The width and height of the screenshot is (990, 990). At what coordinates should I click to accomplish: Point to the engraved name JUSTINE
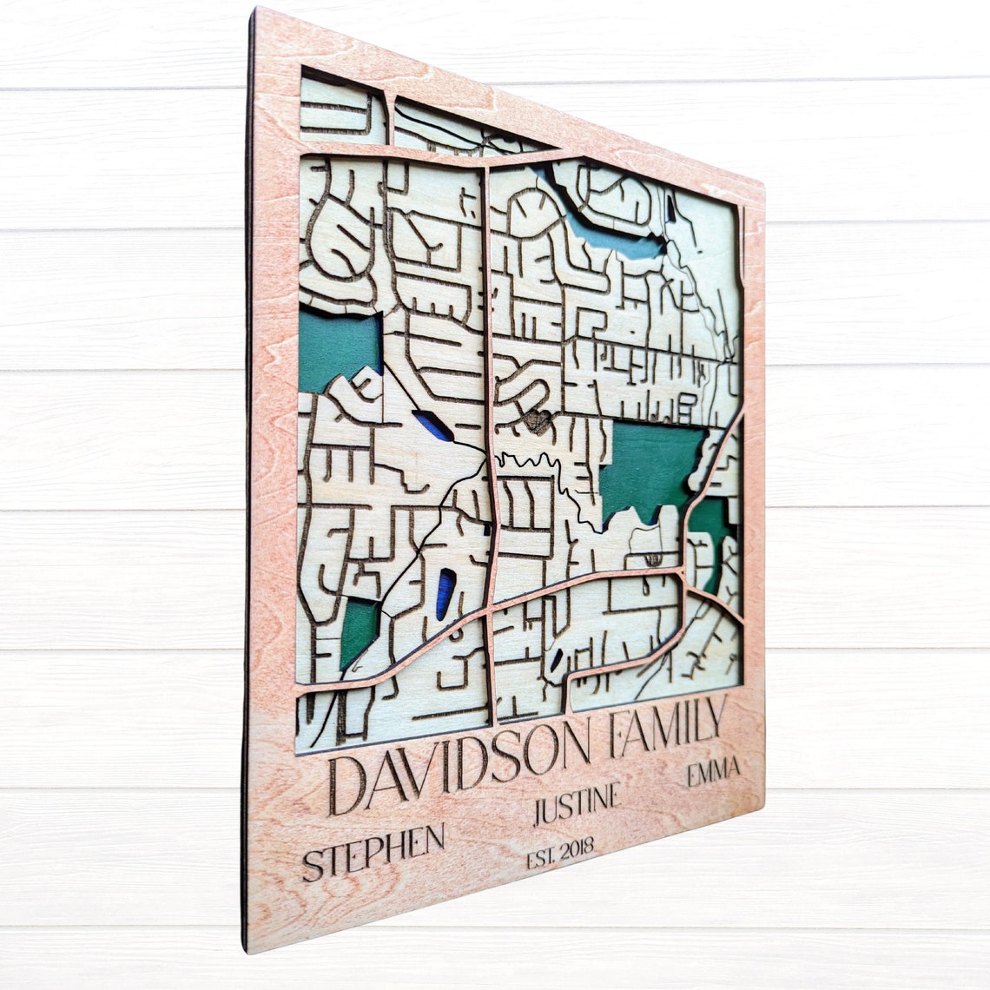[x=577, y=806]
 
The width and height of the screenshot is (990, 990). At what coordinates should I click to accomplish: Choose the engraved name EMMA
[x=713, y=771]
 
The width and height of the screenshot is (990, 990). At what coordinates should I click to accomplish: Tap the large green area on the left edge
[x=338, y=348]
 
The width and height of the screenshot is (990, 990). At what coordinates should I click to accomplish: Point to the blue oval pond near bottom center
[x=445, y=592]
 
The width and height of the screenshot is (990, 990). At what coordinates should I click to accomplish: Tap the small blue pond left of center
[x=432, y=426]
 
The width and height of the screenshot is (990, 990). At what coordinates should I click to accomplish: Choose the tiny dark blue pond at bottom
[x=556, y=659]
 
